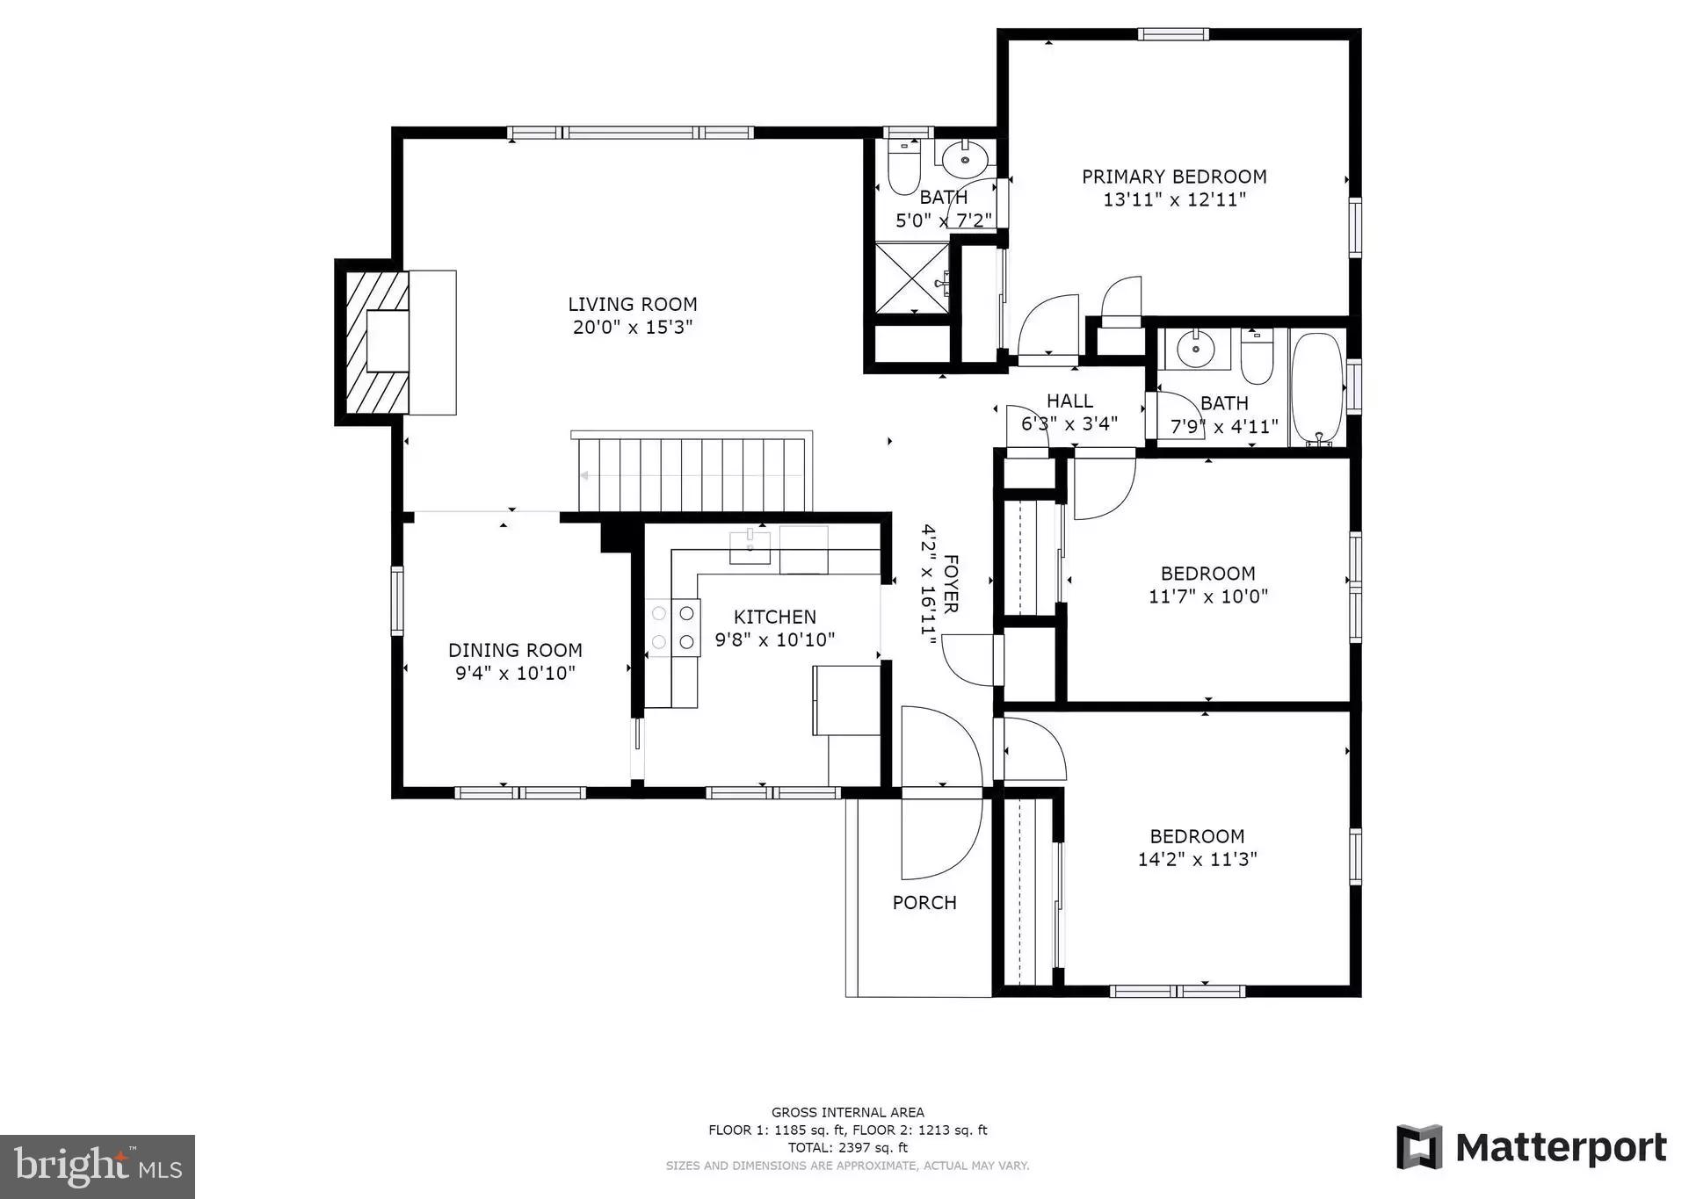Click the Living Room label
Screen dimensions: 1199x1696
(x=632, y=305)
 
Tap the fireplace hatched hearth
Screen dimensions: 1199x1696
(x=375, y=343)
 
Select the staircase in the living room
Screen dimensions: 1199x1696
(x=692, y=474)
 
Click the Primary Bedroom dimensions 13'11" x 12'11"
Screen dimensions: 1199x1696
(x=1174, y=199)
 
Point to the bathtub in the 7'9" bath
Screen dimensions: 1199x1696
(x=1316, y=387)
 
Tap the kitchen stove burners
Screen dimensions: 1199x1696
(x=673, y=627)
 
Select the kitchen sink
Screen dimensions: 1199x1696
(x=750, y=546)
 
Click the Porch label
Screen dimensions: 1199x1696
(x=924, y=902)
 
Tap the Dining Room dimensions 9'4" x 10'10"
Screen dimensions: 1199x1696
(x=515, y=673)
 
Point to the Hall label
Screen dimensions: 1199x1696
(x=1069, y=401)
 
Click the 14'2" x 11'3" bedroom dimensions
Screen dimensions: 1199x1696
(x=1197, y=859)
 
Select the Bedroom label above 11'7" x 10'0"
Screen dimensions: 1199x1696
(x=1207, y=574)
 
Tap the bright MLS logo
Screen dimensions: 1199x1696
(x=98, y=1166)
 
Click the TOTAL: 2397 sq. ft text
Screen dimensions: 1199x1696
(x=847, y=1147)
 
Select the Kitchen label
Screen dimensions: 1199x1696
(x=774, y=617)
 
